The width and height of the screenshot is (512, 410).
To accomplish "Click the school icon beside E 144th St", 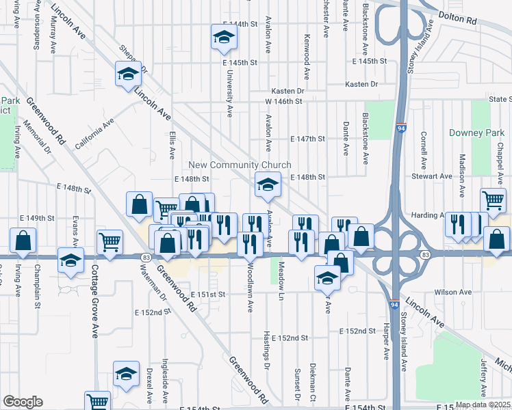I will (223, 39).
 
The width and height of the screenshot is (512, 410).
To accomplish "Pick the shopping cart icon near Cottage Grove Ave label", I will (110, 241).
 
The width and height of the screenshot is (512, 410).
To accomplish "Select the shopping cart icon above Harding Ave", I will (492, 200).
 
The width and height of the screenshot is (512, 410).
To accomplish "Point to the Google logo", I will (23, 402).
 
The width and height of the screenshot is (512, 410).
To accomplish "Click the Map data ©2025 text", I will (482, 405).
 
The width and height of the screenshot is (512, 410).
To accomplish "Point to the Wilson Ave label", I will (458, 292).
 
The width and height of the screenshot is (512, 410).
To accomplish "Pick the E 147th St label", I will (306, 139).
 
